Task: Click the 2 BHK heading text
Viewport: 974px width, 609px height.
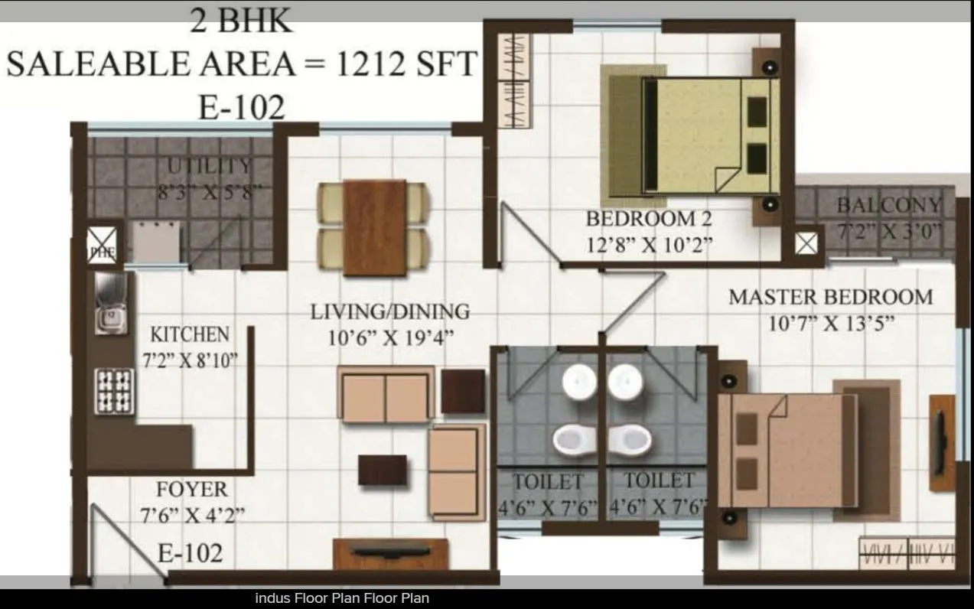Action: [x=240, y=21]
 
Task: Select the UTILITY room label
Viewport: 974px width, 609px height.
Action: [x=209, y=165]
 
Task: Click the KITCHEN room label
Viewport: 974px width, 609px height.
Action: [x=189, y=334]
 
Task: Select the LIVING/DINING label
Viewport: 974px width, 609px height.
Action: [x=389, y=311]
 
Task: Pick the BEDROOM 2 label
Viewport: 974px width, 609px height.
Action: [x=648, y=219]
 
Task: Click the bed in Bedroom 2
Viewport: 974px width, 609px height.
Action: [x=708, y=136]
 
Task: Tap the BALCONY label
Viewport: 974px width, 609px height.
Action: [x=888, y=205]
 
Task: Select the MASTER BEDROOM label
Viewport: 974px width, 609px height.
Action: [x=830, y=297]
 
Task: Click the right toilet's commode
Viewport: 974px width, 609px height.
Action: [x=632, y=439]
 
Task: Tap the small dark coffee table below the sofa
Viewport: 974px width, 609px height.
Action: [x=382, y=470]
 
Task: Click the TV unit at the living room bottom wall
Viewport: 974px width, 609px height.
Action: [x=390, y=553]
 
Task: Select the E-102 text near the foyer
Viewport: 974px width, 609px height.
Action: [x=190, y=552]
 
